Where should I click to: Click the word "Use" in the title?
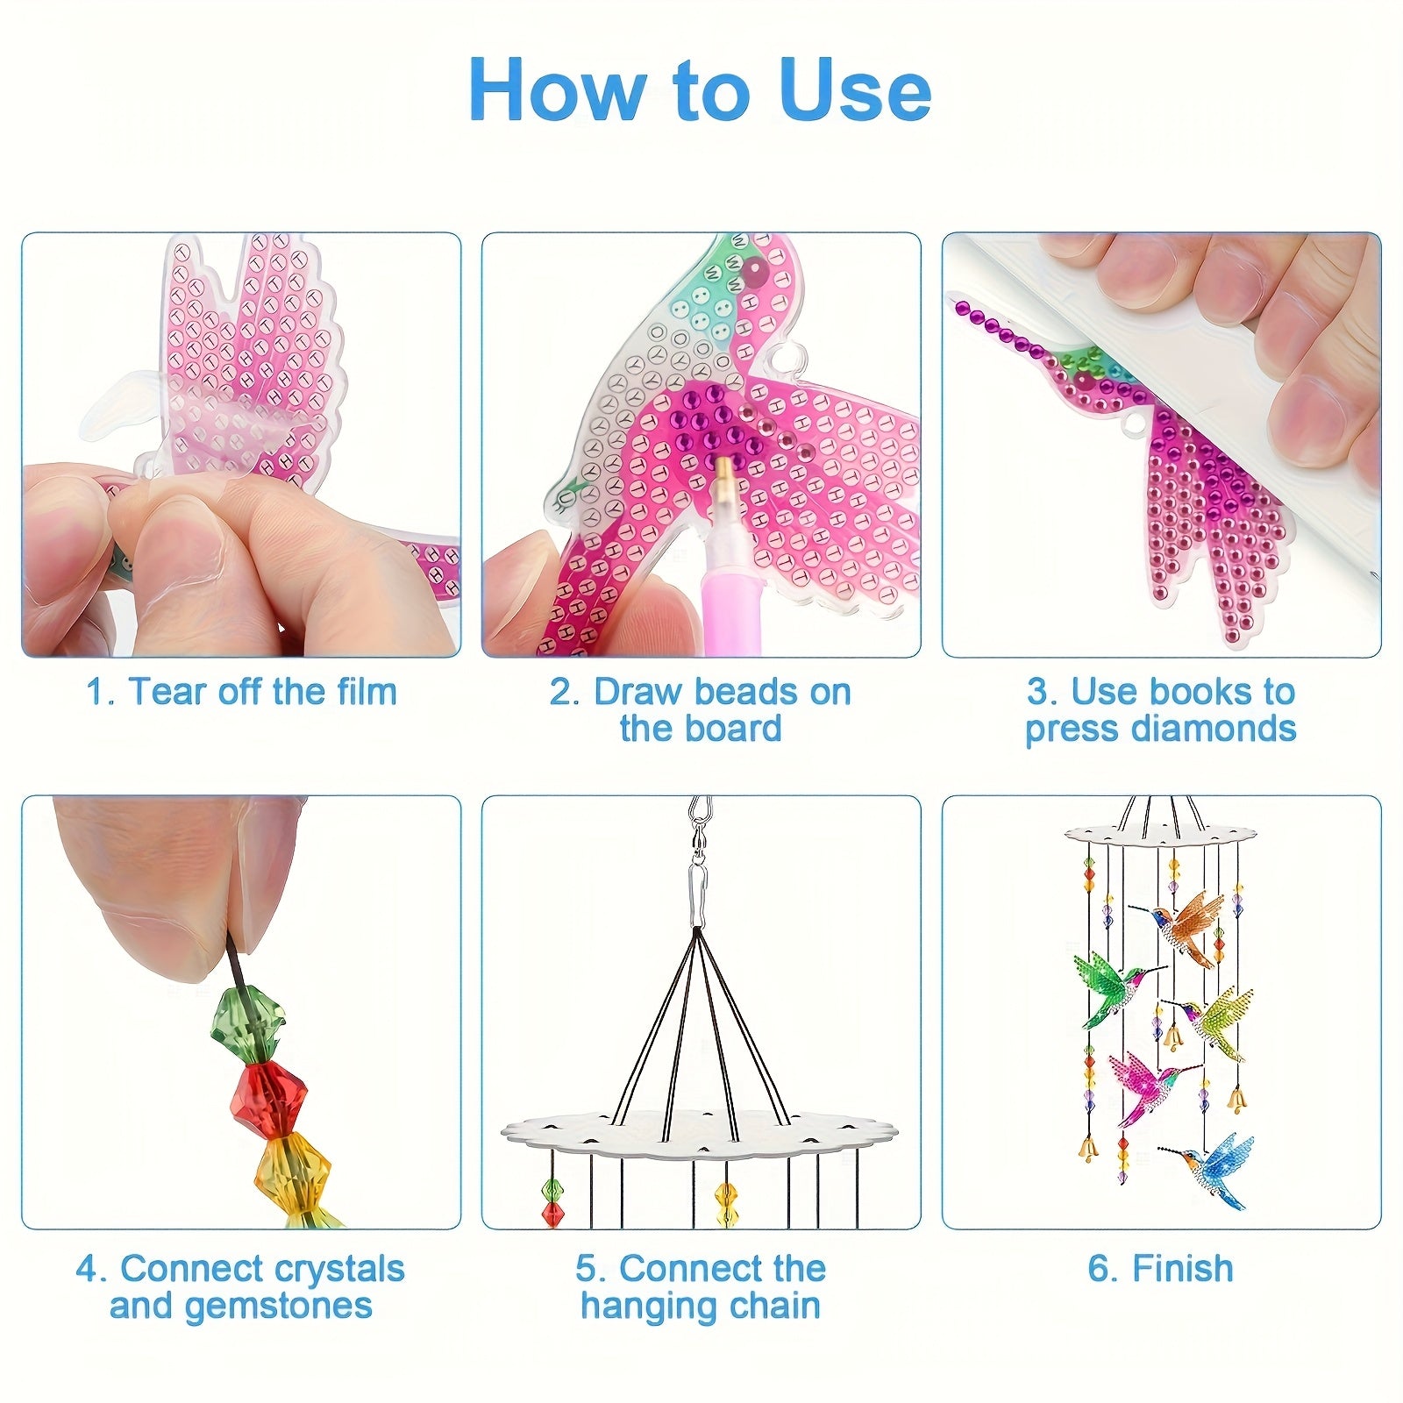point(855,89)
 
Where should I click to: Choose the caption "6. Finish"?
point(1161,1269)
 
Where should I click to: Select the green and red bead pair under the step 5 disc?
point(553,1202)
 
